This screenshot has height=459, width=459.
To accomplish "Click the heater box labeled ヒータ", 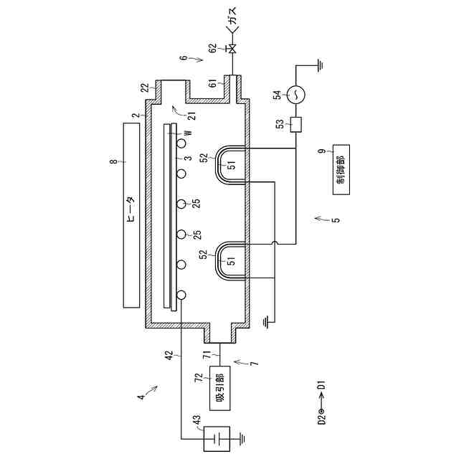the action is click(131, 215).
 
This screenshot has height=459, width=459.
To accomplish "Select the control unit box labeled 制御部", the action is click(341, 169).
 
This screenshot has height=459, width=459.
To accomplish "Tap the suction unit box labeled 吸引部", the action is click(220, 388).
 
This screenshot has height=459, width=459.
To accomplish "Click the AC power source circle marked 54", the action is click(295, 94).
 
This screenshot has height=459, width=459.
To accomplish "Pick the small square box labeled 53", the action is click(296, 125).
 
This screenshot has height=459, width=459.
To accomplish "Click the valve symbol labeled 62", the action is click(232, 48).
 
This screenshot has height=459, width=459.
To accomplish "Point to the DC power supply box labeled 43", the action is click(217, 438).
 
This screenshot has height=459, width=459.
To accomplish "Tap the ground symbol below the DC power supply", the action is click(242, 438).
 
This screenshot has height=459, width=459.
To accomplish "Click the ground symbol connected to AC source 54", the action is click(321, 65).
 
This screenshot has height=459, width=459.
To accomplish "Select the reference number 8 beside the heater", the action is click(114, 161).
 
